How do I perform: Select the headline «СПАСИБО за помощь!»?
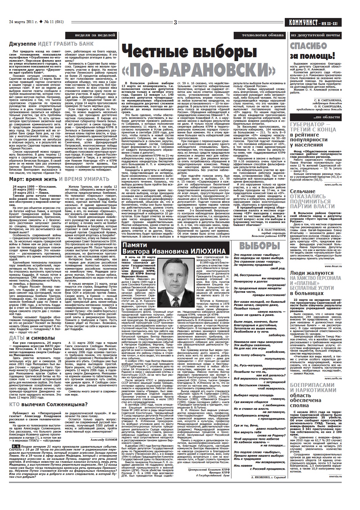point(313,51)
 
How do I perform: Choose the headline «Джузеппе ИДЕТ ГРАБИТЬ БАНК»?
point(51,43)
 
